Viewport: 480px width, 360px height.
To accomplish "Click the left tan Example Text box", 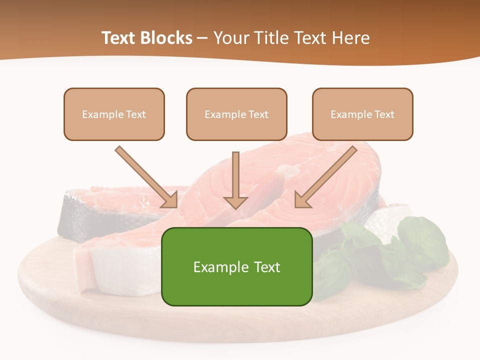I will click(114, 114).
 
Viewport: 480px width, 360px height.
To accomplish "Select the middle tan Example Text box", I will click(236, 114).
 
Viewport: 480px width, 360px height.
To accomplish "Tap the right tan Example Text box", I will click(362, 114).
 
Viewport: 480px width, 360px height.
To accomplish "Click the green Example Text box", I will click(236, 266).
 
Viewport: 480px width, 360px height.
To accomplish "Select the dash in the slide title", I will click(202, 38).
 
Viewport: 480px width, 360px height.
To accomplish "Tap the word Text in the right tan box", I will click(384, 114).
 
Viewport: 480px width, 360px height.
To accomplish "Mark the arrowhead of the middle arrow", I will click(235, 201).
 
